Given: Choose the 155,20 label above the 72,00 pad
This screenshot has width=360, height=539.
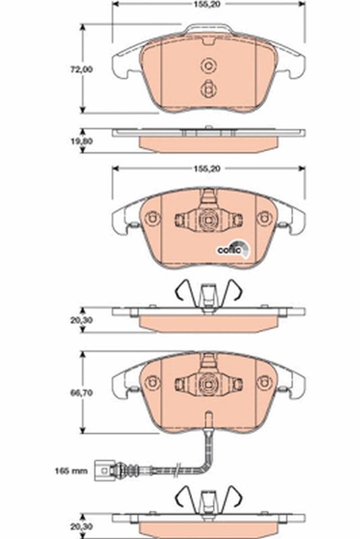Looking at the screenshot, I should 208,5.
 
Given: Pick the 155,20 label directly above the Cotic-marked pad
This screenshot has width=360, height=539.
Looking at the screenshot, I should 208,170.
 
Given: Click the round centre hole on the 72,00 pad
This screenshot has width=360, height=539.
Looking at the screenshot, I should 208,65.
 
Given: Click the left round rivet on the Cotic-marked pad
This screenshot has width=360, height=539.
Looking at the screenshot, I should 152,218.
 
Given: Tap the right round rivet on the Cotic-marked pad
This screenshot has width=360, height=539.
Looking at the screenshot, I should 264,218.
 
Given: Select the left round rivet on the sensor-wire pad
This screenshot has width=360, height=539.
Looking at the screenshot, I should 152,383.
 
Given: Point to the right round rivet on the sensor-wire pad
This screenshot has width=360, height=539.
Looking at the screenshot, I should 264,383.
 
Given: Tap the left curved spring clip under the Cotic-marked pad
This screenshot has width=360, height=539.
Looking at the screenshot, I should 183,290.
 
